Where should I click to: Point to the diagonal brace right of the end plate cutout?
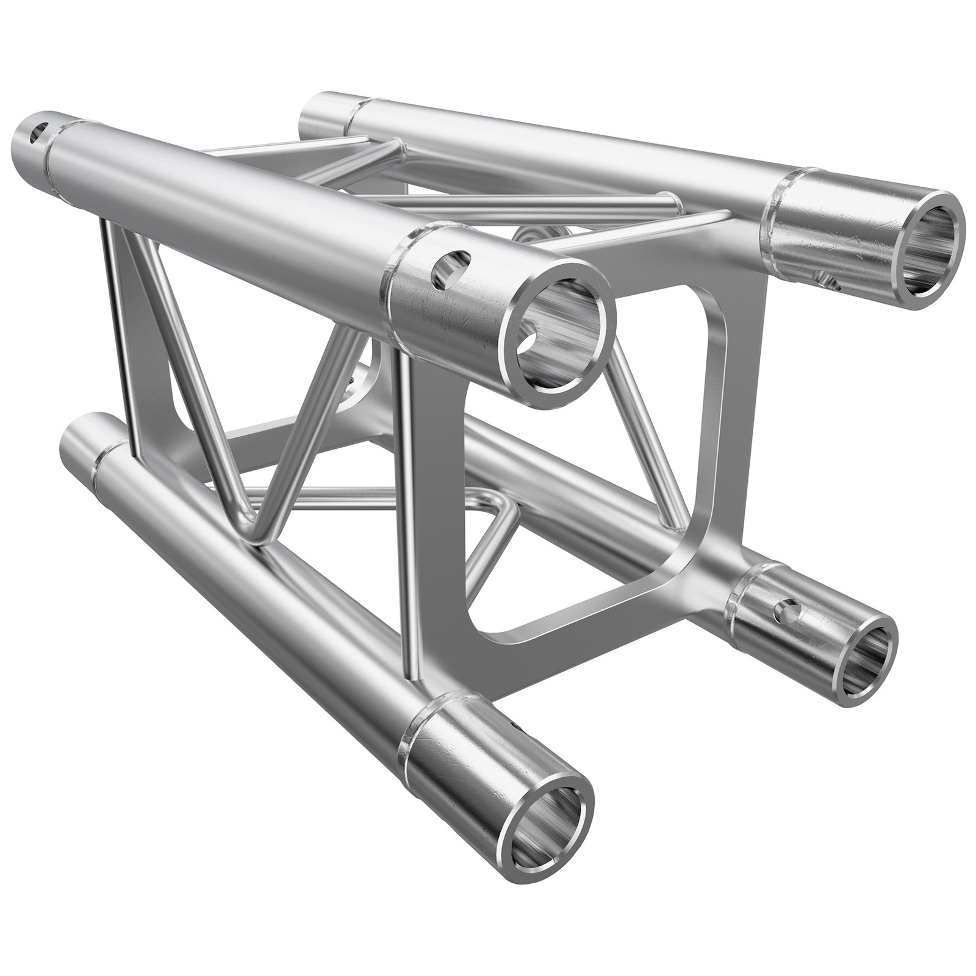coord(647,427)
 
